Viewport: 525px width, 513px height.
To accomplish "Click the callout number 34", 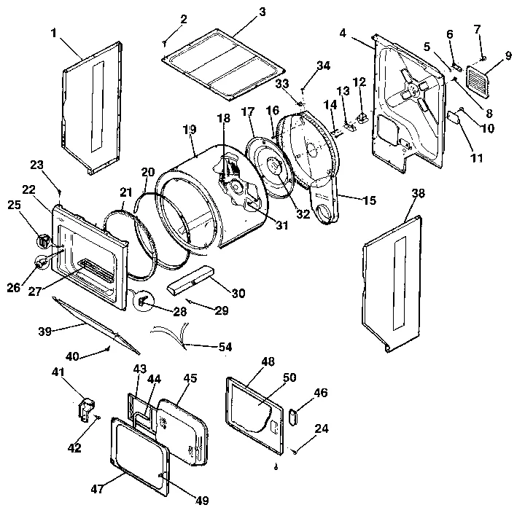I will pos(322,66).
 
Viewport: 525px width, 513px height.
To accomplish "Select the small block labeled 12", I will pos(362,117).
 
